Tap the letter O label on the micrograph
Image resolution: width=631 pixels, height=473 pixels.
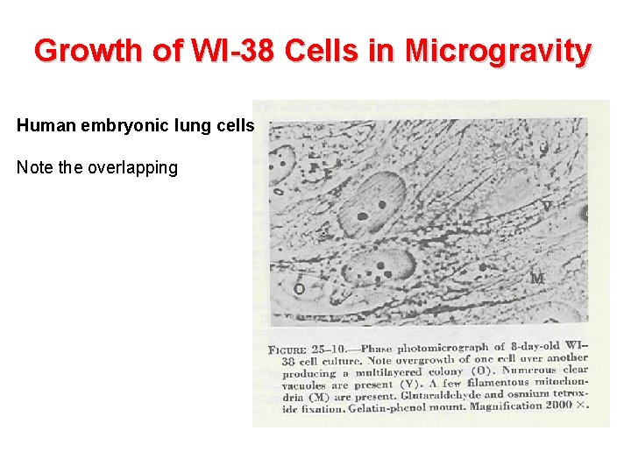[299, 288]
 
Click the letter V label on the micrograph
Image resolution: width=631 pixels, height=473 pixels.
[546, 207]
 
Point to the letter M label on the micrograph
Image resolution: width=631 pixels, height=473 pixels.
[537, 279]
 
